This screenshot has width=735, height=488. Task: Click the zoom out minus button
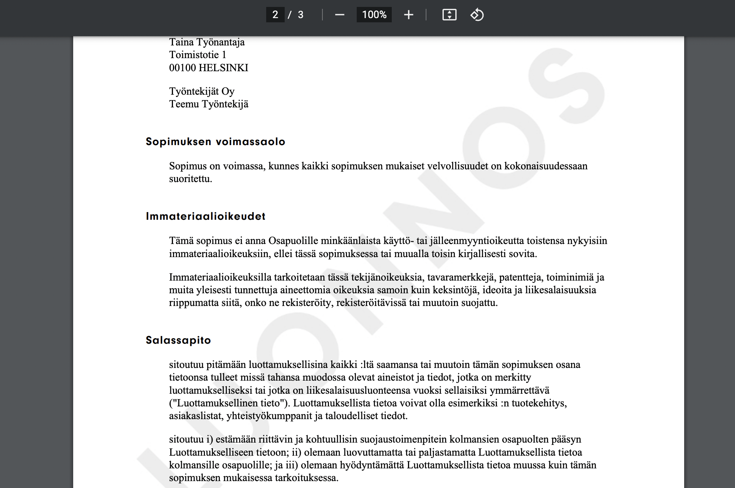click(339, 15)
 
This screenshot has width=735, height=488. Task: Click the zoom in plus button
click(408, 15)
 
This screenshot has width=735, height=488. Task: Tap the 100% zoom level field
click(374, 15)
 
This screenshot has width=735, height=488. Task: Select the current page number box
click(275, 15)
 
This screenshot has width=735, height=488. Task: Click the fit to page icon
click(449, 15)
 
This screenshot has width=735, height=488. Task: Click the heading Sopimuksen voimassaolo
click(215, 142)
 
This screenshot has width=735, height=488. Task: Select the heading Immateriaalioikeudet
click(206, 216)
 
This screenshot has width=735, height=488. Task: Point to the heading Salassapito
click(178, 340)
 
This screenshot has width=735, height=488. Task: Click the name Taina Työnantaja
click(207, 42)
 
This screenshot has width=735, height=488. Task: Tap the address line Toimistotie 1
click(198, 55)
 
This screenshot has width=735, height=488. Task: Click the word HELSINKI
click(223, 68)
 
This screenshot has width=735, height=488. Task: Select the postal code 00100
click(182, 68)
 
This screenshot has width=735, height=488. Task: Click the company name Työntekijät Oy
click(202, 91)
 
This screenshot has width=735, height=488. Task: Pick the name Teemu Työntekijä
click(209, 104)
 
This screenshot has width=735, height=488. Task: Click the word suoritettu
click(190, 179)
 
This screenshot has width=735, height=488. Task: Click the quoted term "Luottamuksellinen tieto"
click(230, 403)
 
